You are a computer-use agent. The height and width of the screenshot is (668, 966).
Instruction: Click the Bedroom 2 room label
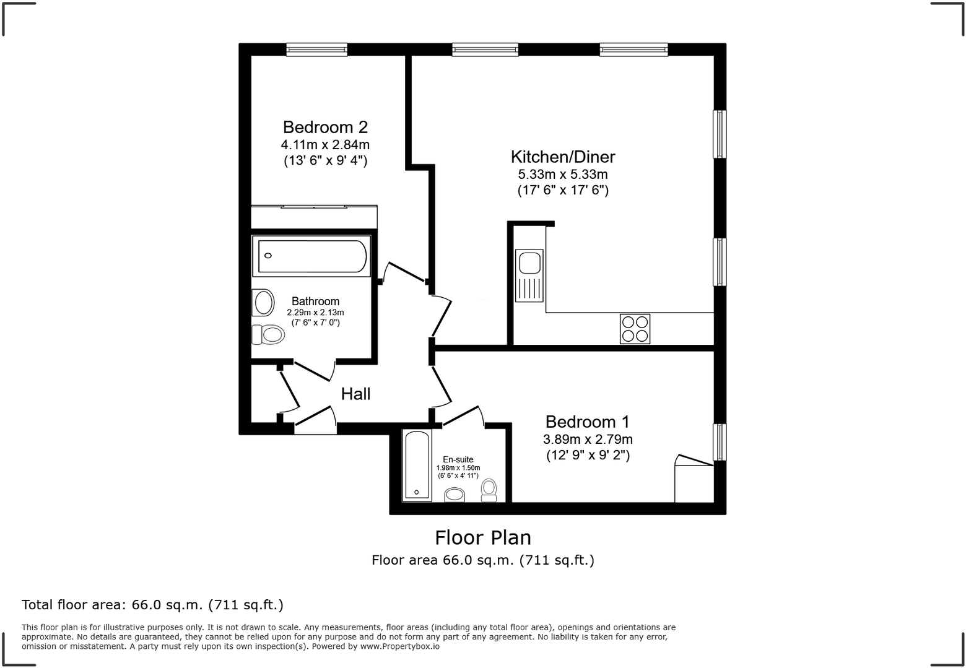pyautogui.click(x=325, y=128)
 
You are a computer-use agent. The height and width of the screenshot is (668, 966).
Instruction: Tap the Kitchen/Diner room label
pyautogui.click(x=562, y=157)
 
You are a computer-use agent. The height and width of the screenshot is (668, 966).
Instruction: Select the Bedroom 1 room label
pyautogui.click(x=587, y=422)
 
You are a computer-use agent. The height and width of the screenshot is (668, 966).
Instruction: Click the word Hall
pyautogui.click(x=355, y=394)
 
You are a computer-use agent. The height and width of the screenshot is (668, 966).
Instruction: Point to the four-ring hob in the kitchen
pyautogui.click(x=635, y=329)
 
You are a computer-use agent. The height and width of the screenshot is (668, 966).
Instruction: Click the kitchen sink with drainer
pyautogui.click(x=529, y=275)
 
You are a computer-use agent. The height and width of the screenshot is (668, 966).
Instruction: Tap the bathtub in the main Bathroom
pyautogui.click(x=311, y=256)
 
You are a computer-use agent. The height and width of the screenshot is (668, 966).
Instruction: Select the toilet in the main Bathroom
pyautogui.click(x=268, y=335)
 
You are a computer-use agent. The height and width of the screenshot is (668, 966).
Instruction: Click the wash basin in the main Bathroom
pyautogui.click(x=264, y=303)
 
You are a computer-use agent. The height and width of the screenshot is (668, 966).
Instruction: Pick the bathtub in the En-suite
pyautogui.click(x=416, y=466)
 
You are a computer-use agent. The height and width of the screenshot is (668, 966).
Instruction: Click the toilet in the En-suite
pyautogui.click(x=489, y=490)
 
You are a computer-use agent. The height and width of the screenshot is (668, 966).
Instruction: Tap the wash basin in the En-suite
pyautogui.click(x=455, y=494)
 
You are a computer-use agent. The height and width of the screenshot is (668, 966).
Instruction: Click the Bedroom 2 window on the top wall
pyautogui.click(x=316, y=50)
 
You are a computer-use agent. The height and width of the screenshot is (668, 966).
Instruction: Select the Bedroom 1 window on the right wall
pyautogui.click(x=719, y=442)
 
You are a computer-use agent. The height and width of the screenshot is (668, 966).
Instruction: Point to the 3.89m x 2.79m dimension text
pyautogui.click(x=587, y=440)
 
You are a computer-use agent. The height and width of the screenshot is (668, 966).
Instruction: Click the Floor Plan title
pyautogui.click(x=482, y=537)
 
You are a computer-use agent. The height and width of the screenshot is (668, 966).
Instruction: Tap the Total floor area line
pyautogui.click(x=152, y=605)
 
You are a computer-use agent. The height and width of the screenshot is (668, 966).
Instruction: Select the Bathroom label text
pyautogui.click(x=315, y=301)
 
